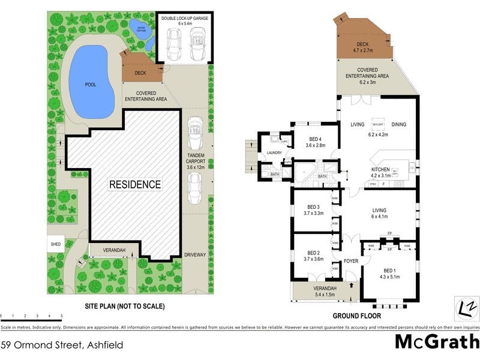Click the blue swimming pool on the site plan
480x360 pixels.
point(91,84)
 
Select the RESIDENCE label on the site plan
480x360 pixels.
point(134,184)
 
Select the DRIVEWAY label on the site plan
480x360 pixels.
point(196,254)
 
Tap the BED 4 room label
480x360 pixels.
point(316,139)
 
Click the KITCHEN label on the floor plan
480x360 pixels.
point(380,170)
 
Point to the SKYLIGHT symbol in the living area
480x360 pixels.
point(377,124)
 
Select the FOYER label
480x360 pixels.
point(350,261)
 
